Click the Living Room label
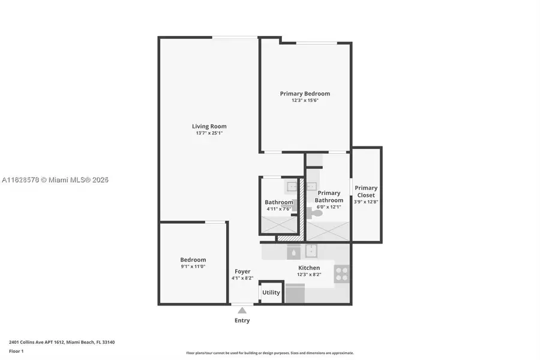pos(209,126)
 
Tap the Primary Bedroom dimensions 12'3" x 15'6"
pos(305,101)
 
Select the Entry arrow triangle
pos(242,310)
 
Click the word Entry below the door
pos(242,320)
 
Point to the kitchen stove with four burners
pos(341,274)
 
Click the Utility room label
pos(271,292)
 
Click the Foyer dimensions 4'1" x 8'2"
pos(242,278)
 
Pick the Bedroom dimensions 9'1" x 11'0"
pos(193,266)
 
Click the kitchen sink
pos(311,250)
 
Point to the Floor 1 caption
pos(16,350)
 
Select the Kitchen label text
pos(309,268)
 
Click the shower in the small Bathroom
pos(278,224)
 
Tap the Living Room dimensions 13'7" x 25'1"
pos(209,133)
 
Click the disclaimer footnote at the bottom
pos(270,353)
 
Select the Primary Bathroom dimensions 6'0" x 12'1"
pos(328,207)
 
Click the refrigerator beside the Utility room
pos(295,294)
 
